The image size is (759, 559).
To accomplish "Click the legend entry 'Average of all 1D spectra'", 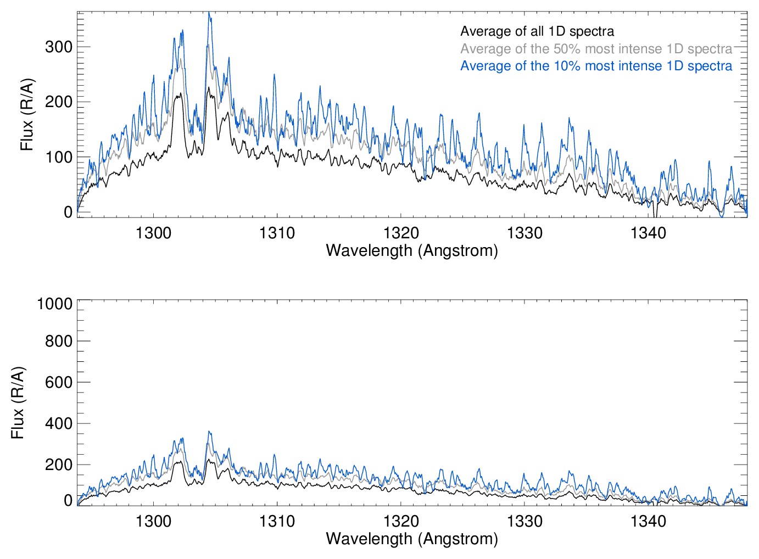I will click(537, 31).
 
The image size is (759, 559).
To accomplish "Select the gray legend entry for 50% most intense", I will click(596, 49).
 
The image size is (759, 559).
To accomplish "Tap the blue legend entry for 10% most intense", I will click(596, 66).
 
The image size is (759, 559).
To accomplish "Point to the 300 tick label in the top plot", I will click(59, 47).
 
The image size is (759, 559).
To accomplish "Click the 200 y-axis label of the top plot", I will click(59, 102).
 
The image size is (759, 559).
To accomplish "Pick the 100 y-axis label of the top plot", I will click(59, 158).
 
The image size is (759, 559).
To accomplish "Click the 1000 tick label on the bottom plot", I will click(55, 304).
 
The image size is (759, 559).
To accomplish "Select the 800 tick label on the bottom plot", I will click(59, 342).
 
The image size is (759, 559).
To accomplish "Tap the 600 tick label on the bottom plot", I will click(59, 383).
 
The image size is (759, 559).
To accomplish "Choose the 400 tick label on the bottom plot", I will click(59, 424).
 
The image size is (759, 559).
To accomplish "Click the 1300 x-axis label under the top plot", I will click(153, 233).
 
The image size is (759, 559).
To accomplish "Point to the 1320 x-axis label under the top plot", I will click(401, 233).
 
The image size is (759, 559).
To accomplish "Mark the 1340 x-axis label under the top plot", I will click(648, 233).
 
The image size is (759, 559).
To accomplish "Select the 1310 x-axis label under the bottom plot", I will click(277, 521).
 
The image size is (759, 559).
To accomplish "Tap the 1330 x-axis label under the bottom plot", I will click(524, 521).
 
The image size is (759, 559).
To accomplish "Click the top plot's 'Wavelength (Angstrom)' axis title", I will click(412, 250).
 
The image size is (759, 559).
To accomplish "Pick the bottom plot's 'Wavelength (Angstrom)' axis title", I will click(412, 539).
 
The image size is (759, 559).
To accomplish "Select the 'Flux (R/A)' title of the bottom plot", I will click(18, 403).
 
